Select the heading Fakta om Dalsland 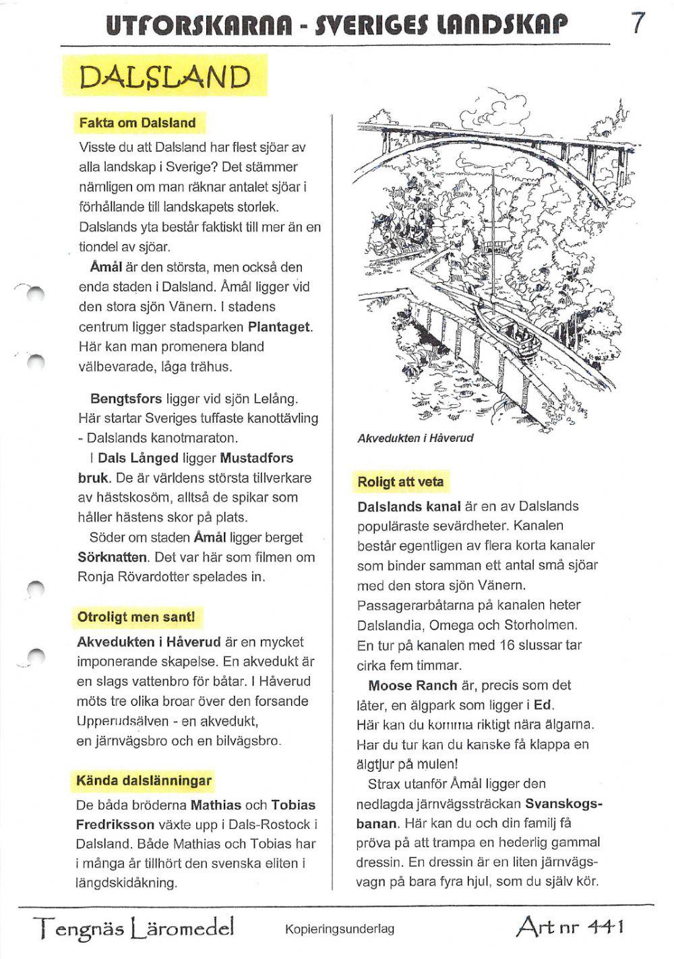click(x=137, y=123)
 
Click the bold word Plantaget click(x=280, y=327)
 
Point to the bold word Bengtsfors click(x=125, y=398)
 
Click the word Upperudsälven click(x=124, y=721)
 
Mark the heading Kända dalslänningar click(x=144, y=781)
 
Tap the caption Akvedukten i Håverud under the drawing click(x=415, y=438)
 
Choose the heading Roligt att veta click(x=400, y=482)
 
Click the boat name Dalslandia click(x=390, y=625)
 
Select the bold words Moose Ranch click(x=412, y=686)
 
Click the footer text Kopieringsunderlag click(x=339, y=929)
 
